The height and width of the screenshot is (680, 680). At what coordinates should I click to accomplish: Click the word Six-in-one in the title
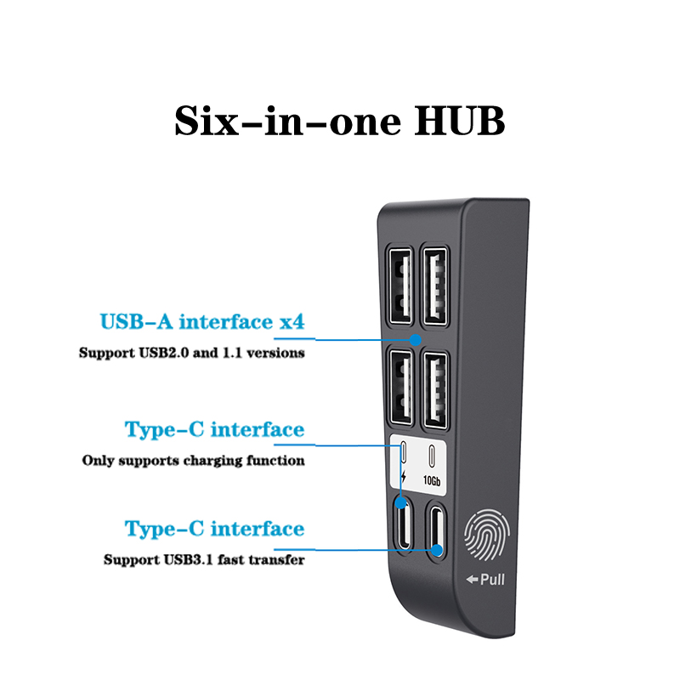pos(287,121)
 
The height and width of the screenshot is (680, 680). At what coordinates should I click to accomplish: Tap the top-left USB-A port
pos(400,286)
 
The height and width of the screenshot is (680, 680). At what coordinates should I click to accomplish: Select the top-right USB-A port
pos(435,286)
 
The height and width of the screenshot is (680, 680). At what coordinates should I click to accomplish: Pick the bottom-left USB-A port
pos(400,388)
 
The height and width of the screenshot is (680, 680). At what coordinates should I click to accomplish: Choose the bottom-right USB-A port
pos(435,390)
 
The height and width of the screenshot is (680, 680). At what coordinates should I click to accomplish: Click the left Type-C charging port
pos(403,525)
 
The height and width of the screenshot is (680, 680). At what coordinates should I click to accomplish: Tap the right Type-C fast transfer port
pos(435,530)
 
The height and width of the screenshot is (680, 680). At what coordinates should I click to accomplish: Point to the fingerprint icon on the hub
pos(486,535)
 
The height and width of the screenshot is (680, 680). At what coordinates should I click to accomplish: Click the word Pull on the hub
pos(493,580)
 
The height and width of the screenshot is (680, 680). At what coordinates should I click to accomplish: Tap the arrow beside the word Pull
pos(473,579)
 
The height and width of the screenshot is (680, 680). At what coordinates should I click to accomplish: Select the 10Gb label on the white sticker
pos(432,480)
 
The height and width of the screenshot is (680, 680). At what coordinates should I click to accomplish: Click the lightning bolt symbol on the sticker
pos(403,476)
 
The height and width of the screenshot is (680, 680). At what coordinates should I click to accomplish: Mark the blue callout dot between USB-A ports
pos(416,339)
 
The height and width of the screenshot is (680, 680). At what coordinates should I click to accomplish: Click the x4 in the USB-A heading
pos(292,322)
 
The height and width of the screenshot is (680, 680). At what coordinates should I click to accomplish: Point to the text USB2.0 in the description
pos(163,353)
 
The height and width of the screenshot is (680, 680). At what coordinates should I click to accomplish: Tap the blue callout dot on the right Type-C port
pos(437,550)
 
